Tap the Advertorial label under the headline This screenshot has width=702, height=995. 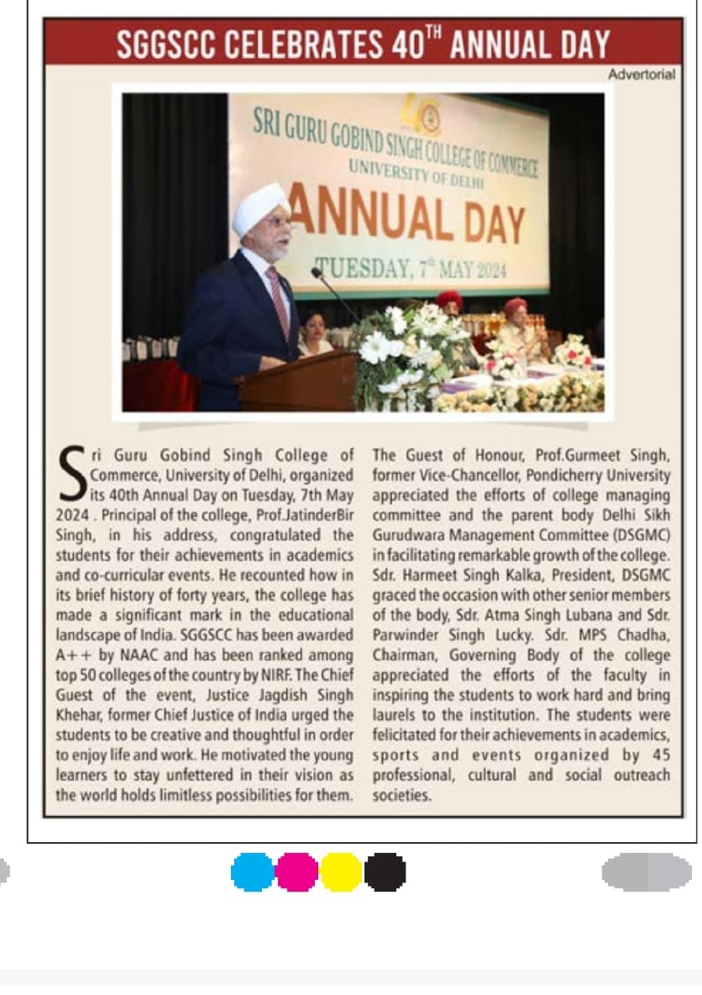coord(642,75)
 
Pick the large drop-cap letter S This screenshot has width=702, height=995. coord(71,471)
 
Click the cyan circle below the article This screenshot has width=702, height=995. coord(253,871)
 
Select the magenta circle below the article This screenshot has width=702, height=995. coord(297,871)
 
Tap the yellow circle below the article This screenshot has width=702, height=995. coord(341,871)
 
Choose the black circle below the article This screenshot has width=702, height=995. coord(385,871)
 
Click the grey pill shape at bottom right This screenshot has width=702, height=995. coord(647,871)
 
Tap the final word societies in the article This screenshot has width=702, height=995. coord(402,795)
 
